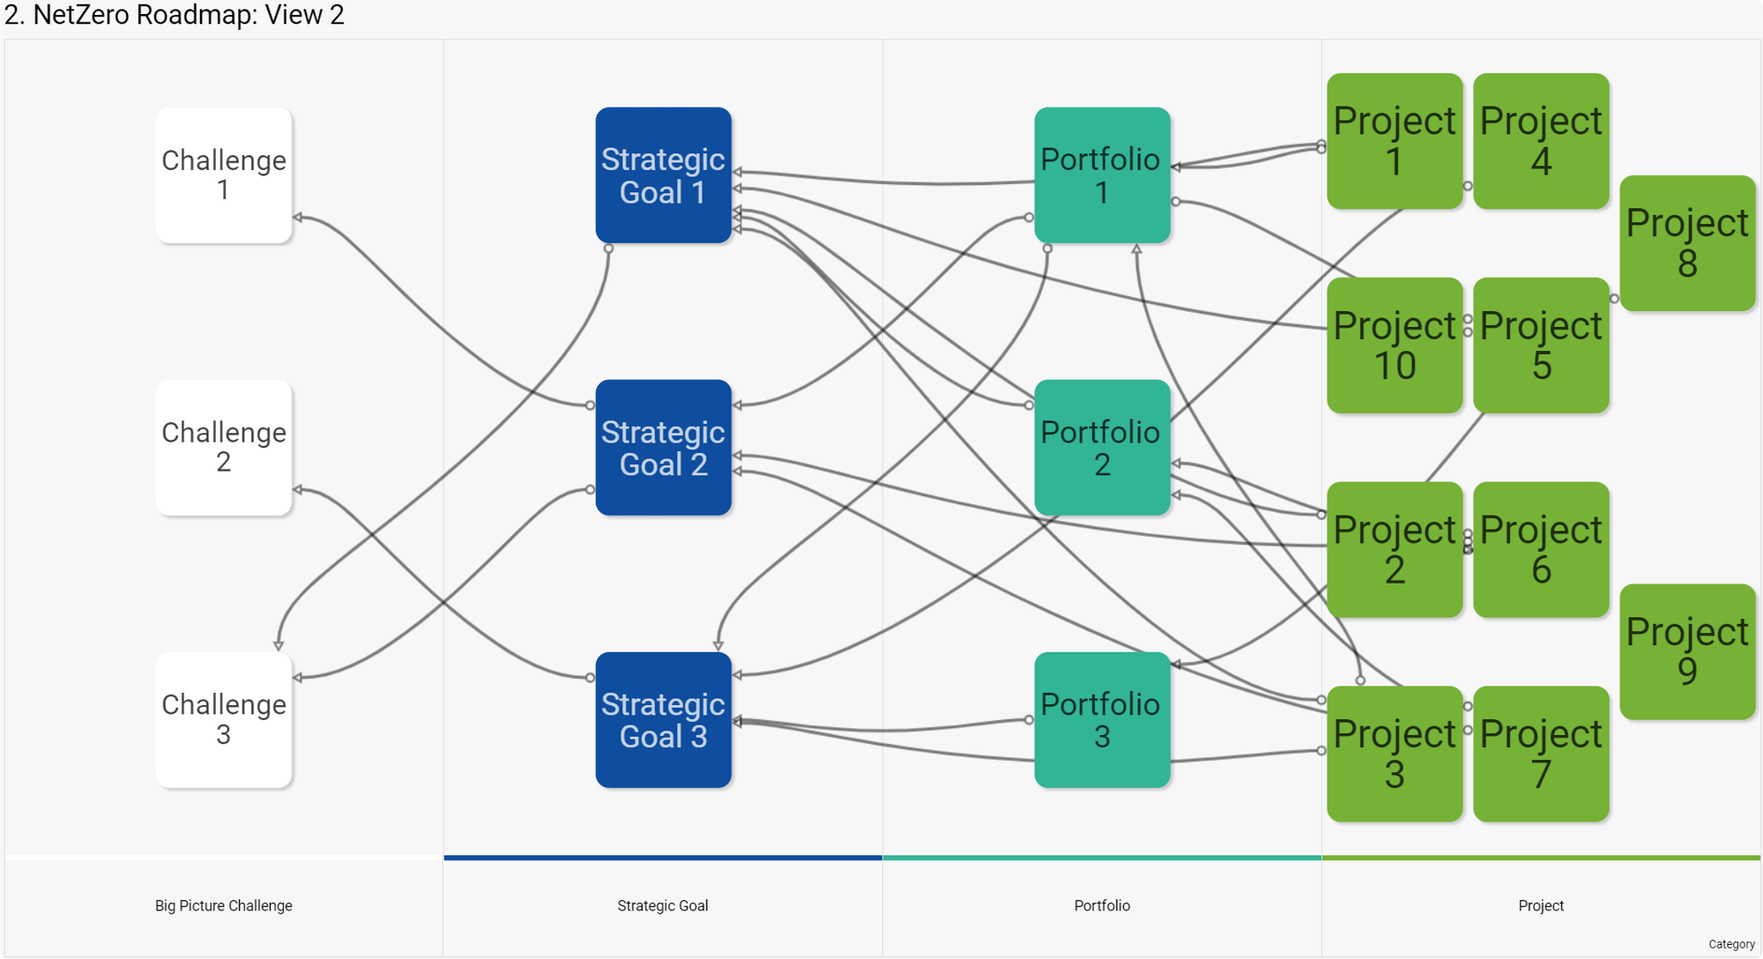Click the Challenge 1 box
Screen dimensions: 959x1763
pyautogui.click(x=223, y=175)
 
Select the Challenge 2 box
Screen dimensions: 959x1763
pyautogui.click(x=223, y=447)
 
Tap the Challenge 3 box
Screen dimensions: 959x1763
pyautogui.click(x=223, y=719)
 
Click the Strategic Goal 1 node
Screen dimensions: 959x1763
pyautogui.click(x=663, y=175)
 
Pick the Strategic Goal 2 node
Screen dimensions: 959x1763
pyautogui.click(x=663, y=447)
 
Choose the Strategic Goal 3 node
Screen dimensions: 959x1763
pyautogui.click(x=663, y=719)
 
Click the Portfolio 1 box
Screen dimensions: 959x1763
pyautogui.click(x=1102, y=175)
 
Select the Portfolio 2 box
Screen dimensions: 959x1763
pyautogui.click(x=1102, y=447)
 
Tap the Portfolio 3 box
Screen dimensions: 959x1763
pyautogui.click(x=1102, y=719)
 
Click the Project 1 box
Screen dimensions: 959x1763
pyautogui.click(x=1394, y=141)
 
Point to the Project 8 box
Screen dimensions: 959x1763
pyautogui.click(x=1686, y=242)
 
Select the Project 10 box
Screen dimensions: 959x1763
pyautogui.click(x=1394, y=345)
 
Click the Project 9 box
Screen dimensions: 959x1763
pyautogui.click(x=1686, y=651)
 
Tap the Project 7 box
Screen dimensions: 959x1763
pyautogui.click(x=1540, y=754)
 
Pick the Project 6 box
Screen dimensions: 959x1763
pyautogui.click(x=1540, y=549)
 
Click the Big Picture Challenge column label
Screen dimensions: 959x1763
pyautogui.click(x=223, y=905)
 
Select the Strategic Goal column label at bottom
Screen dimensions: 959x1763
pyautogui.click(x=663, y=905)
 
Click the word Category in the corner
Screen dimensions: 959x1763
pyautogui.click(x=1730, y=944)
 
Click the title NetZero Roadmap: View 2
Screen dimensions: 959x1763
pyautogui.click(x=175, y=15)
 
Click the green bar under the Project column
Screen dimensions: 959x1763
pyautogui.click(x=1540, y=857)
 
